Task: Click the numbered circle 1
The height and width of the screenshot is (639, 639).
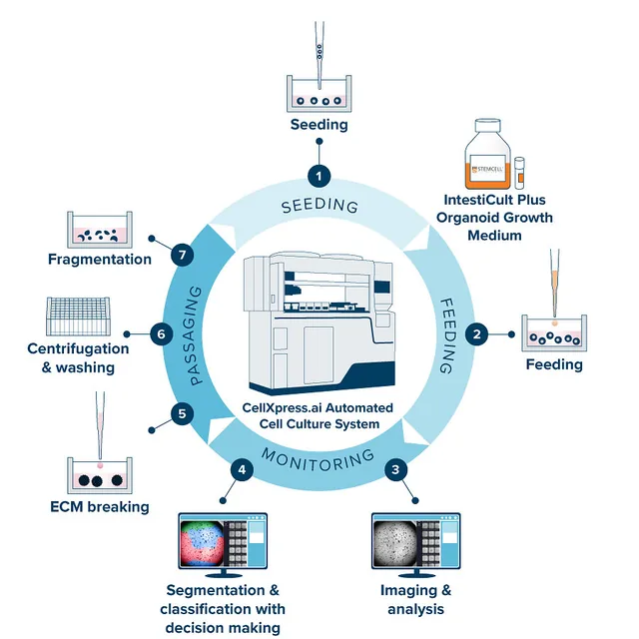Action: pyautogui.click(x=319, y=177)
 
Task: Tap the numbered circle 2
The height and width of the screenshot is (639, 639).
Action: pyautogui.click(x=476, y=334)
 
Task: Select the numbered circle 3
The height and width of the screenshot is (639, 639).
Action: pyautogui.click(x=395, y=470)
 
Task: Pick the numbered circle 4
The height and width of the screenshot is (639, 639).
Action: pyautogui.click(x=242, y=470)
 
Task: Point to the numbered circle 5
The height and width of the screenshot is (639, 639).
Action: pyautogui.click(x=182, y=414)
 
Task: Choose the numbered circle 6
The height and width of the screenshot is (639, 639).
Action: pyautogui.click(x=162, y=334)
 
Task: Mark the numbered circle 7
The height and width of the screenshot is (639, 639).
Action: pyautogui.click(x=182, y=256)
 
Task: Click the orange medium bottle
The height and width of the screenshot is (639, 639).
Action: pyautogui.click(x=488, y=154)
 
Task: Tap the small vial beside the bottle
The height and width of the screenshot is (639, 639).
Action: pyautogui.click(x=519, y=173)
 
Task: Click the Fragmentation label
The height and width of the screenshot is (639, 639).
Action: pyautogui.click(x=100, y=260)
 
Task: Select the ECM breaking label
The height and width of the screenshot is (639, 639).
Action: pyautogui.click(x=100, y=507)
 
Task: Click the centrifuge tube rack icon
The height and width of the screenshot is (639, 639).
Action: pyautogui.click(x=78, y=317)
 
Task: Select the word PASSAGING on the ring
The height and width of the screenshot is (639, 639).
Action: pyautogui.click(x=196, y=335)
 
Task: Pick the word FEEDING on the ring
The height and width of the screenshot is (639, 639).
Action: pyautogui.click(x=447, y=335)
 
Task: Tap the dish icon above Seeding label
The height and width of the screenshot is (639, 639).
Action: pyautogui.click(x=319, y=93)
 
